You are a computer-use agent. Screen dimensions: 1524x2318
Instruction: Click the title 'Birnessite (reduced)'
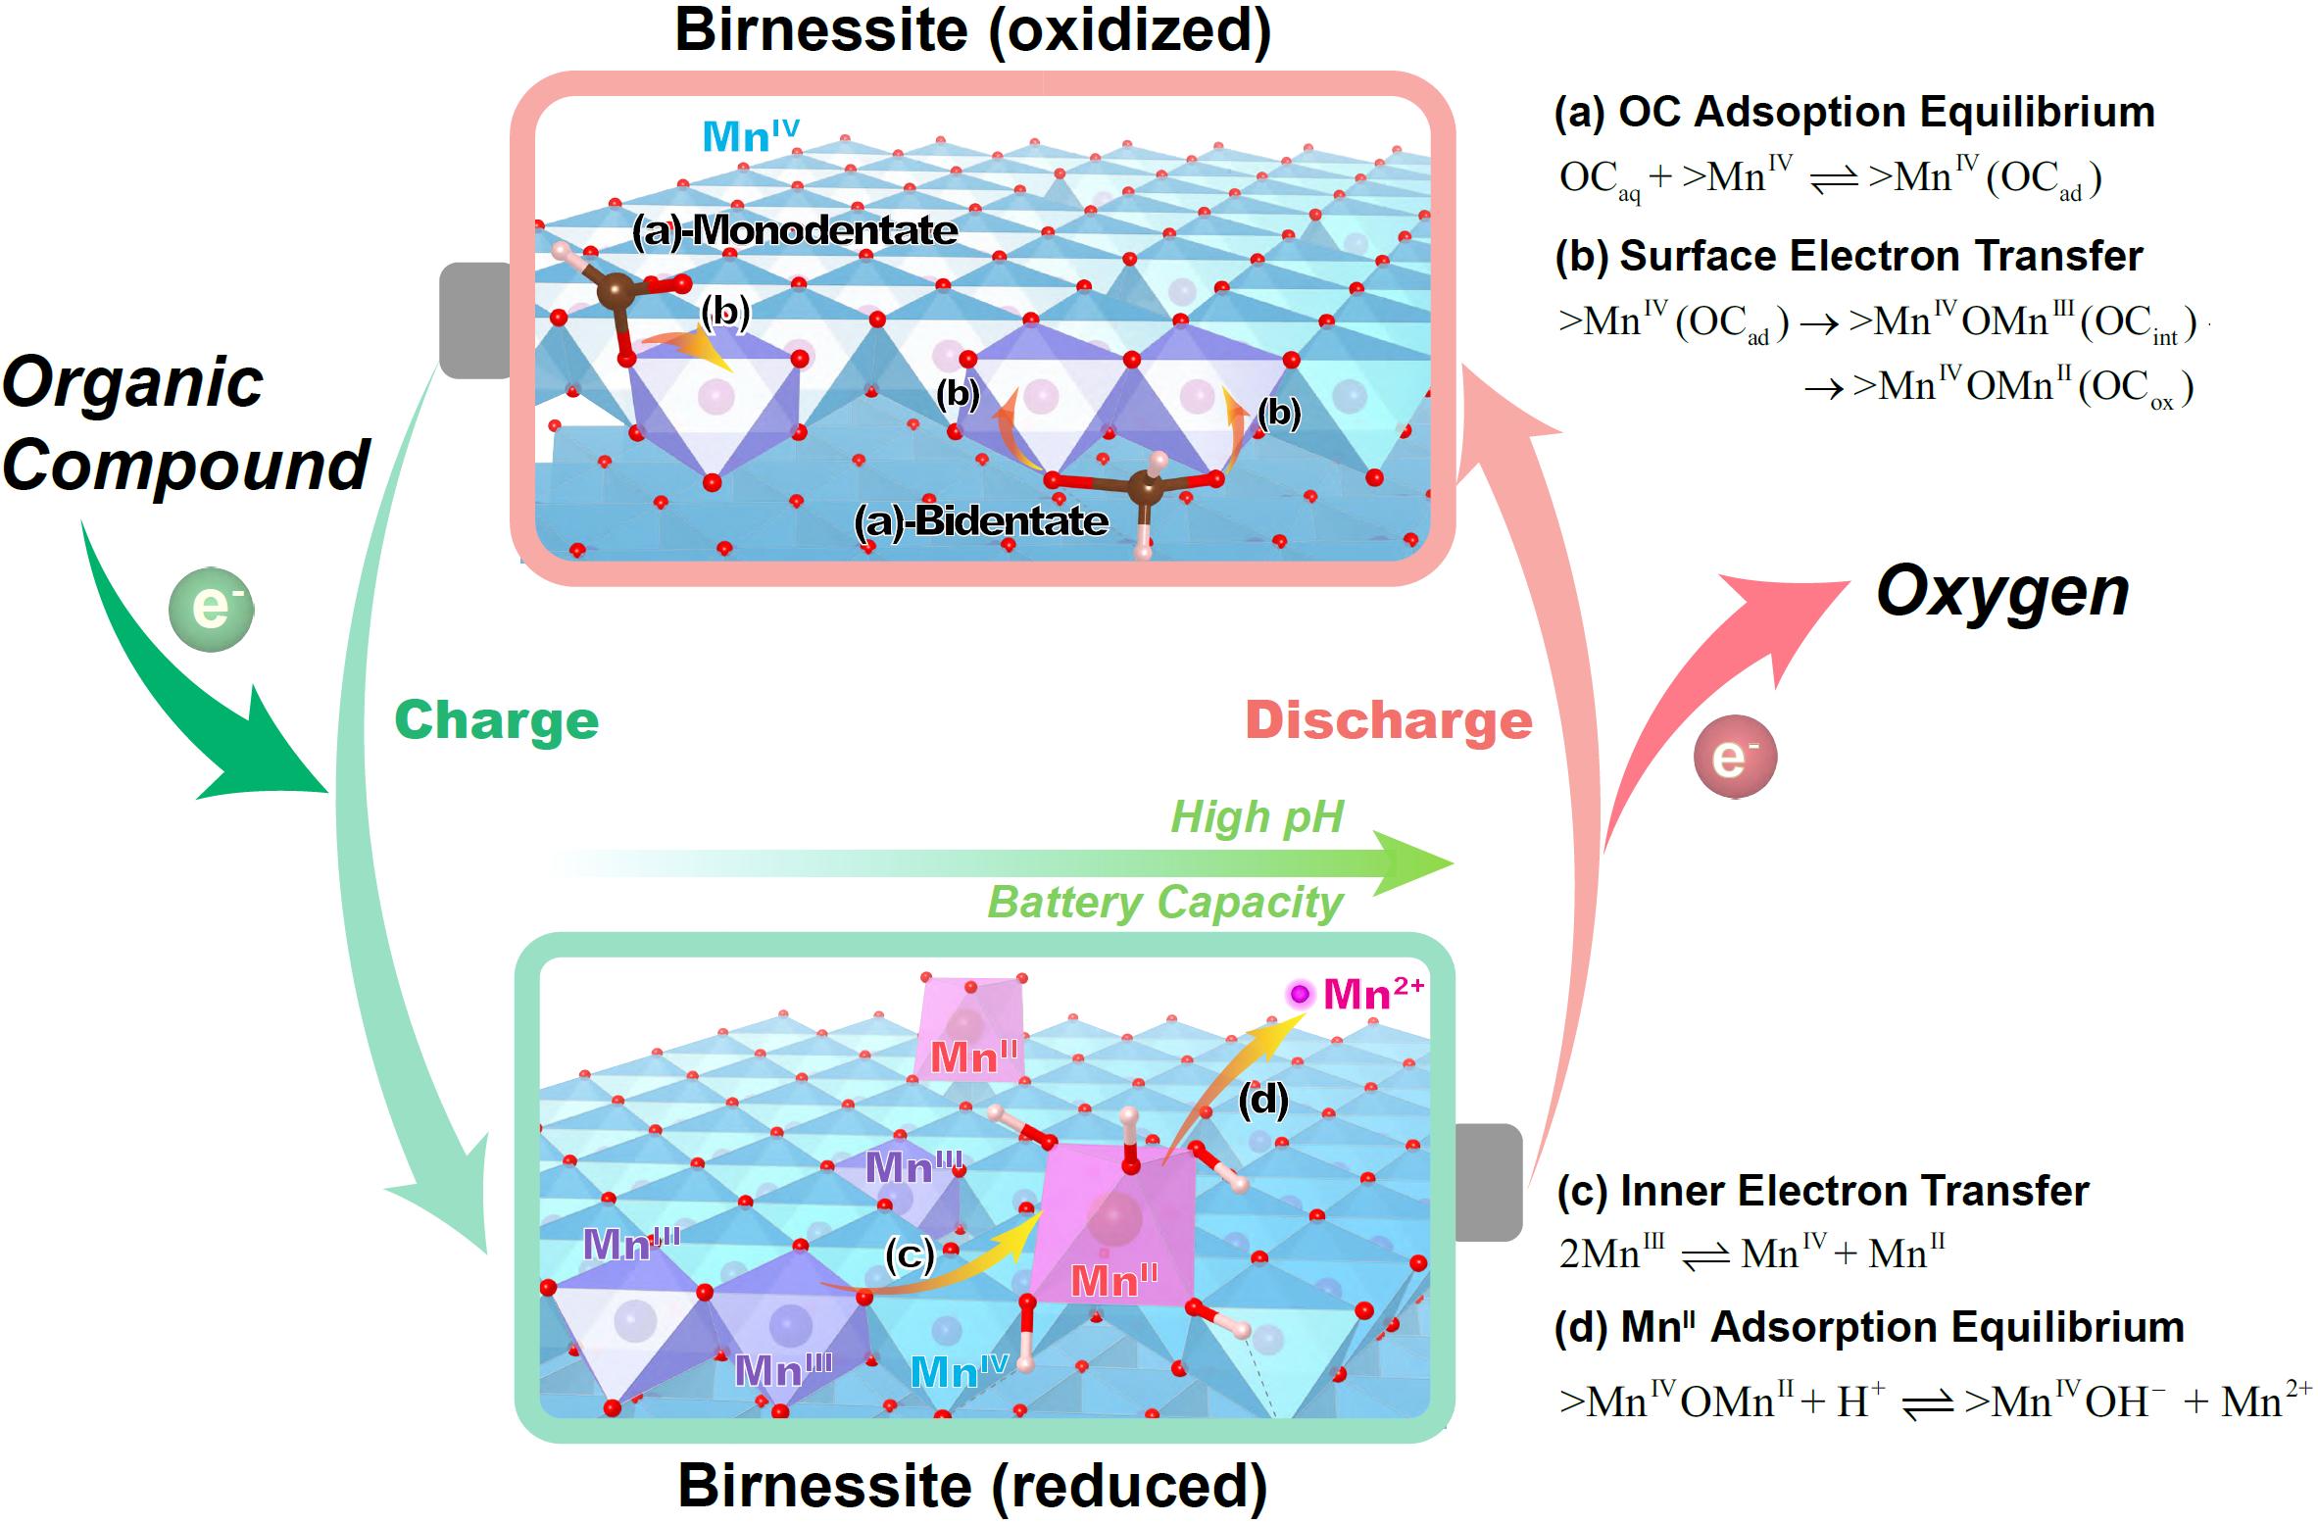click(972, 1486)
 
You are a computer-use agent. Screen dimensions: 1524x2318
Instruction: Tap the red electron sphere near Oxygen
click(1735, 758)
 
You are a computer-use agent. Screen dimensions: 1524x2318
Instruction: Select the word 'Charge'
click(496, 721)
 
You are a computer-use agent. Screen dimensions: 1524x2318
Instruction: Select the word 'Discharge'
click(1388, 721)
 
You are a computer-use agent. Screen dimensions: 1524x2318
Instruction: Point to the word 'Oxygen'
click(2002, 592)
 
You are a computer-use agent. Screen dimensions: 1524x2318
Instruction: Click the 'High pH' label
click(1257, 816)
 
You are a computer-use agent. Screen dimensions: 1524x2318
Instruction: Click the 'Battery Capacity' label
click(1164, 903)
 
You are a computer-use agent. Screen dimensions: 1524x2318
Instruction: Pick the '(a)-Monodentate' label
click(794, 231)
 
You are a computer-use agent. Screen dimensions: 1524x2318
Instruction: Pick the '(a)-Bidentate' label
click(981, 521)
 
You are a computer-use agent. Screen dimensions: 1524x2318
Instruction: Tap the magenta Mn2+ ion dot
click(1300, 995)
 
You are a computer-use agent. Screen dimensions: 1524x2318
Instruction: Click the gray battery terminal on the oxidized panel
click(475, 320)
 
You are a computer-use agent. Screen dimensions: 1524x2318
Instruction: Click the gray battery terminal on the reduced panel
click(1489, 1182)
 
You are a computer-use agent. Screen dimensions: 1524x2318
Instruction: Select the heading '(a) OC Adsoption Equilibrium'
click(1854, 113)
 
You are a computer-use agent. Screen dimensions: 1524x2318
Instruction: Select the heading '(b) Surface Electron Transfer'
click(1849, 256)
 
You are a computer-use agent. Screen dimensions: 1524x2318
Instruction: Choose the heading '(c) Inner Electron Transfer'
click(1822, 1191)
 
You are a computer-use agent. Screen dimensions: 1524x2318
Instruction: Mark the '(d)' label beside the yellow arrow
click(1262, 1101)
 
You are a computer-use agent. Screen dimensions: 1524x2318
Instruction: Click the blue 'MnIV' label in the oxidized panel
click(751, 135)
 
